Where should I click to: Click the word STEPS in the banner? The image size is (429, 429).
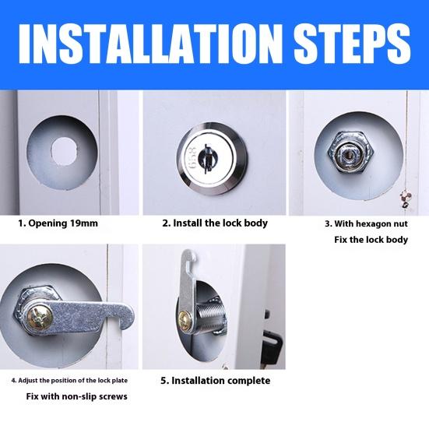(x=353, y=44)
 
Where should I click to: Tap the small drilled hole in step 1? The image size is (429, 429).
(x=65, y=152)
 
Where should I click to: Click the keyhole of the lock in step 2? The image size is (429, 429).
(x=206, y=158)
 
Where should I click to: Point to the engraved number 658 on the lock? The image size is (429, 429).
(x=192, y=157)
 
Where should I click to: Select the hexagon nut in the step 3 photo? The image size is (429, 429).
(x=351, y=152)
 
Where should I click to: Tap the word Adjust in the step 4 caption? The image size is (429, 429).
(x=28, y=381)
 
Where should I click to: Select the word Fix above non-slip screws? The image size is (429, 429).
(x=33, y=396)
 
